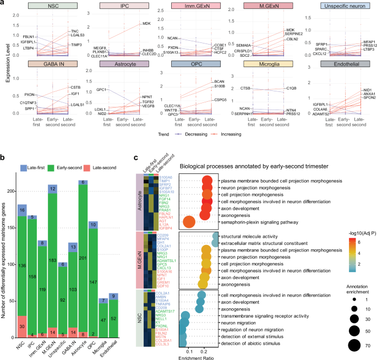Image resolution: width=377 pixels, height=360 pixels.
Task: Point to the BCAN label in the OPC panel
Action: click(215, 81)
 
